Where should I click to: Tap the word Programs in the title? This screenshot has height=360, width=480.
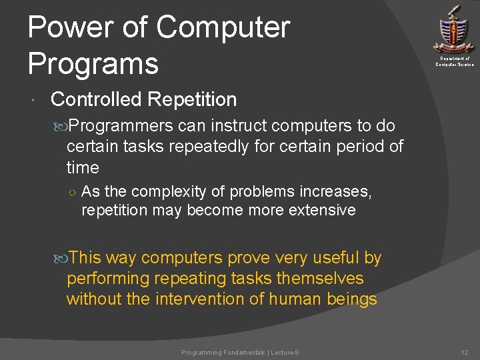(93, 64)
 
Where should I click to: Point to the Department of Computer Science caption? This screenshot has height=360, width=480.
(455, 61)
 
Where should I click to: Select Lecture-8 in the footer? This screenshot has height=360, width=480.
(285, 352)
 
